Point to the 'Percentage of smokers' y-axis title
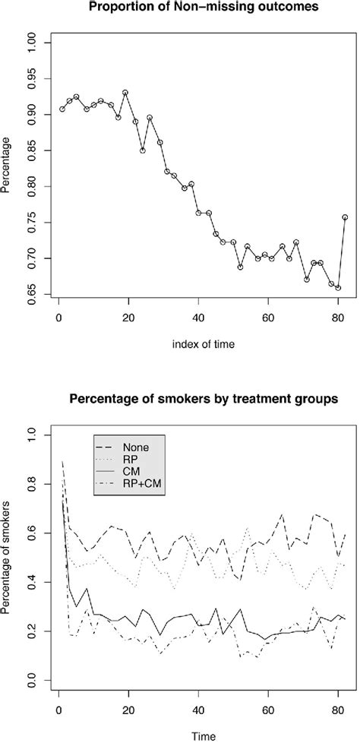8,558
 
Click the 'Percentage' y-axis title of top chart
8,167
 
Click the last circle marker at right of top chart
345,217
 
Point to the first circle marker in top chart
62,109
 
